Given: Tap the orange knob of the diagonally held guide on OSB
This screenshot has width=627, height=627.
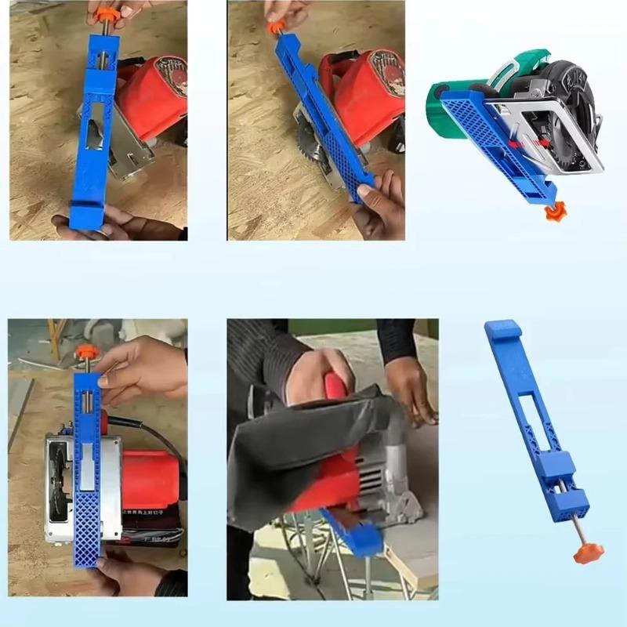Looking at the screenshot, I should coord(275,27).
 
